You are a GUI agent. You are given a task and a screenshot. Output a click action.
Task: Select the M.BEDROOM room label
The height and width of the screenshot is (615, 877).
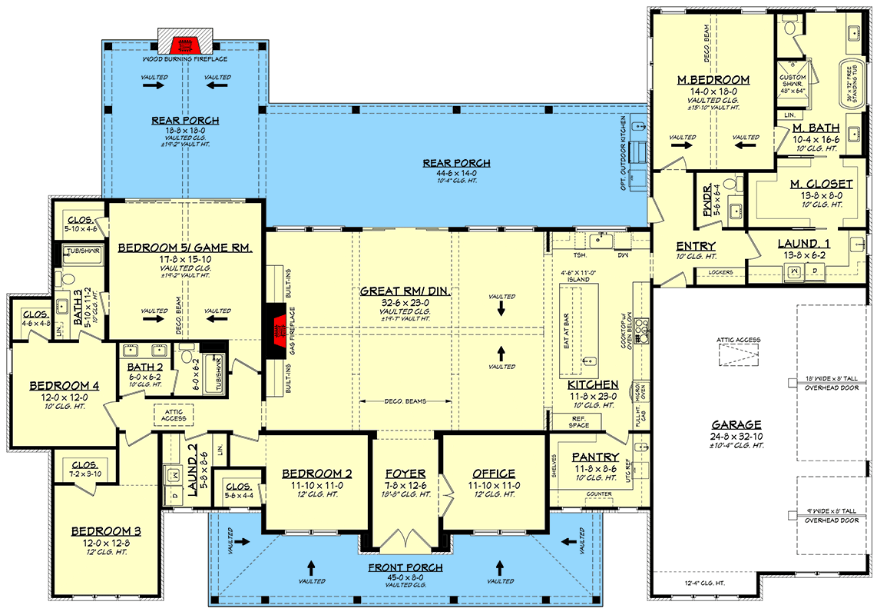pyautogui.click(x=713, y=80)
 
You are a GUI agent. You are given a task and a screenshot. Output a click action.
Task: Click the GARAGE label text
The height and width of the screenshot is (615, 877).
pyautogui.click(x=736, y=424)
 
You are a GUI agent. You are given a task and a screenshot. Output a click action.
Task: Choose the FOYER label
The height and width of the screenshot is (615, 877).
pyautogui.click(x=406, y=474)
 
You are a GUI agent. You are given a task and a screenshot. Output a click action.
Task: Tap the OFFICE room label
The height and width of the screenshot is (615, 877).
pyautogui.click(x=494, y=474)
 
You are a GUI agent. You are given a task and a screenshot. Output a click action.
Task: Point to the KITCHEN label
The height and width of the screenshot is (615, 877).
pyautogui.click(x=593, y=384)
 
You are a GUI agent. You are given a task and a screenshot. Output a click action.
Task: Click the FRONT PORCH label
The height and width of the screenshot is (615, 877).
pyautogui.click(x=405, y=568)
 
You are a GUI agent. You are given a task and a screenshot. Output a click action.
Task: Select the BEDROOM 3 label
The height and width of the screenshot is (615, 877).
pyautogui.click(x=106, y=530)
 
